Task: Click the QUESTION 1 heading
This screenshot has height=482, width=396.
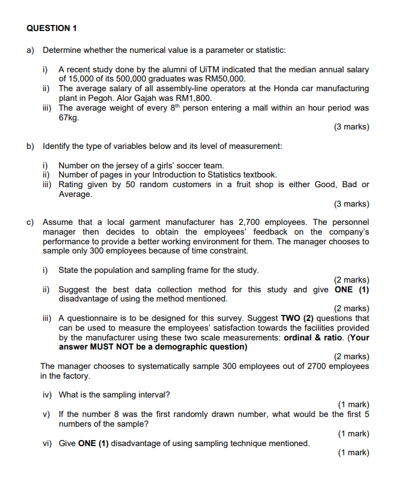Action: coord(52,29)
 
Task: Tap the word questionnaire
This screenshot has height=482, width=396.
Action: coord(93,318)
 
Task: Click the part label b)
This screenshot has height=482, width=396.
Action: coord(30,146)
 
